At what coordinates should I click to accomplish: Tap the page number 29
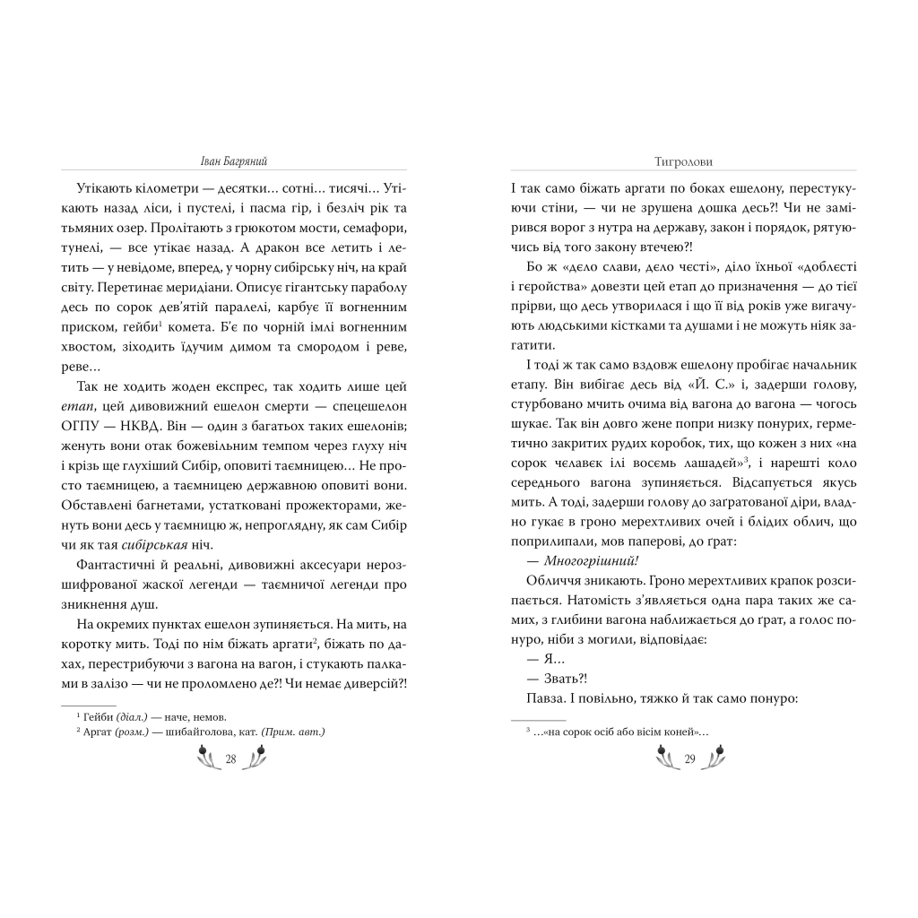click(x=689, y=760)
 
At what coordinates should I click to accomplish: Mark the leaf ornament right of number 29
click(x=714, y=760)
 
